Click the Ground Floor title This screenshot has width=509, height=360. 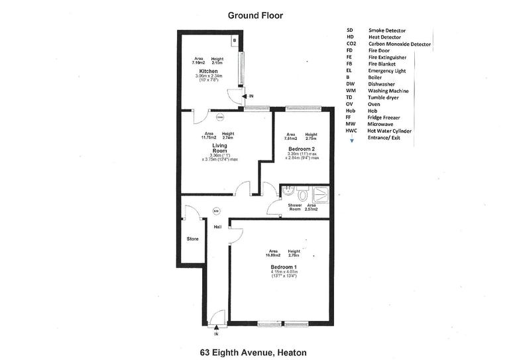pyautogui.click(x=254, y=15)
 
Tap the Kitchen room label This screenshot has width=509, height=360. pyautogui.click(x=208, y=70)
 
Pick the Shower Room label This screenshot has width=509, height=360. pyautogui.click(x=295, y=208)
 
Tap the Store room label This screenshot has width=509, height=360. pyautogui.click(x=192, y=238)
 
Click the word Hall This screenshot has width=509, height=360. pyautogui.click(x=217, y=227)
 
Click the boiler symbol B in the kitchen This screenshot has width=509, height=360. pyautogui.click(x=235, y=40)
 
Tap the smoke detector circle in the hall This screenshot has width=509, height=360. pyautogui.click(x=216, y=211)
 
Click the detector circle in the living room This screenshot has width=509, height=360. pyautogui.click(x=219, y=119)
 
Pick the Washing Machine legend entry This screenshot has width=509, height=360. pyautogui.click(x=388, y=90)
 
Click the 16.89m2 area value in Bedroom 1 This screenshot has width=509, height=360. pyautogui.click(x=272, y=255)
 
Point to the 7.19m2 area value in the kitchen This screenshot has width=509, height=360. pyautogui.click(x=199, y=62)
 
